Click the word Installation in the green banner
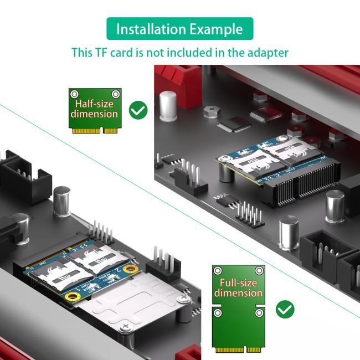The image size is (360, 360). pos(150,29)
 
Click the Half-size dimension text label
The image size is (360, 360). pos(94,109)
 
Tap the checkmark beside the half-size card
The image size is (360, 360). pos(138,110)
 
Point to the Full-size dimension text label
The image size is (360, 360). pos(238,288)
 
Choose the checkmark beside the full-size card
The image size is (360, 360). pos(285,309)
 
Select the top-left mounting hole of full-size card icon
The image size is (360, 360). pos(218,270)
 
